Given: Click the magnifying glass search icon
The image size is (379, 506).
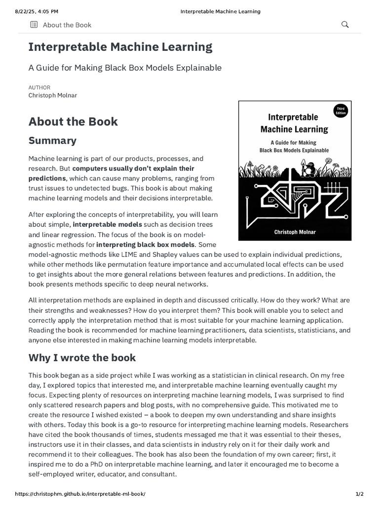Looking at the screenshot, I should [x=345, y=25].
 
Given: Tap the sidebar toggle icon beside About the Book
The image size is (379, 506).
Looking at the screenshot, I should [x=34, y=25].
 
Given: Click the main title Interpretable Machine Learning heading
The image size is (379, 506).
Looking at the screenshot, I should [x=120, y=47].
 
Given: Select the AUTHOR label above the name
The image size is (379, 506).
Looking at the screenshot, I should [x=39, y=87].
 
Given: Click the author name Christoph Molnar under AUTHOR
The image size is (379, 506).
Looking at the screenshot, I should [x=53, y=95].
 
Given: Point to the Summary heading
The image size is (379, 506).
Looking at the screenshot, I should [x=52, y=140].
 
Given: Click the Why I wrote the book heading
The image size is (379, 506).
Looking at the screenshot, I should [x=82, y=357].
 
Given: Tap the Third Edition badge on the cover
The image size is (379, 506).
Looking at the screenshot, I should [x=340, y=111].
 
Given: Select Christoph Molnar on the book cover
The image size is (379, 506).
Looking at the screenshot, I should [x=295, y=231].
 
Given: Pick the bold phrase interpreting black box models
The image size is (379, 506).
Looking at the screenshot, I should [x=145, y=244].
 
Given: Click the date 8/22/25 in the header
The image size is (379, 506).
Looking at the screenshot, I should [x=15, y=11].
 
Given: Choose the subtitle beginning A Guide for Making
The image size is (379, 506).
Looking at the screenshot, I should [x=125, y=68].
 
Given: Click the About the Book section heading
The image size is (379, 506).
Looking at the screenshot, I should [x=73, y=122].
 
